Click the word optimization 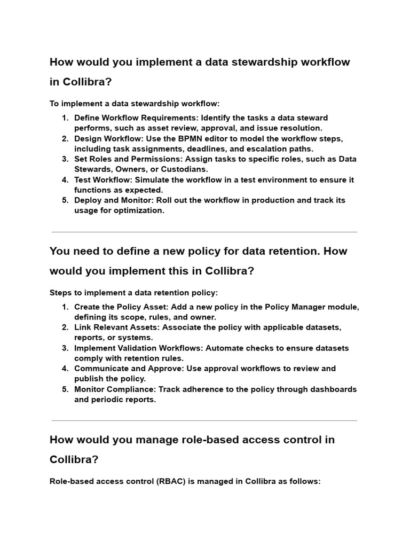pos(138,210)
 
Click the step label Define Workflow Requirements pos(136,118)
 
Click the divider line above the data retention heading pos(204,232)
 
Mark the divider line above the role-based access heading pos(204,421)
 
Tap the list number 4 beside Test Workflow pos(65,180)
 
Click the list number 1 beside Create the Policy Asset pos(65,307)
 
